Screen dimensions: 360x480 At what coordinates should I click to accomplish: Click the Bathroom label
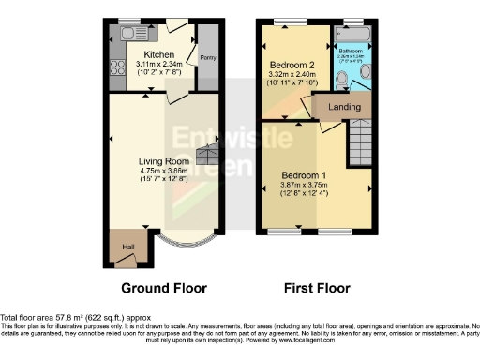click(x=351, y=50)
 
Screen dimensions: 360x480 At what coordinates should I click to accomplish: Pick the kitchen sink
click(x=130, y=34)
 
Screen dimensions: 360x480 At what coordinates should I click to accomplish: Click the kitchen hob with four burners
click(x=119, y=67)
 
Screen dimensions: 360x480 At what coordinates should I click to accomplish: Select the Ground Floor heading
click(x=164, y=288)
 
